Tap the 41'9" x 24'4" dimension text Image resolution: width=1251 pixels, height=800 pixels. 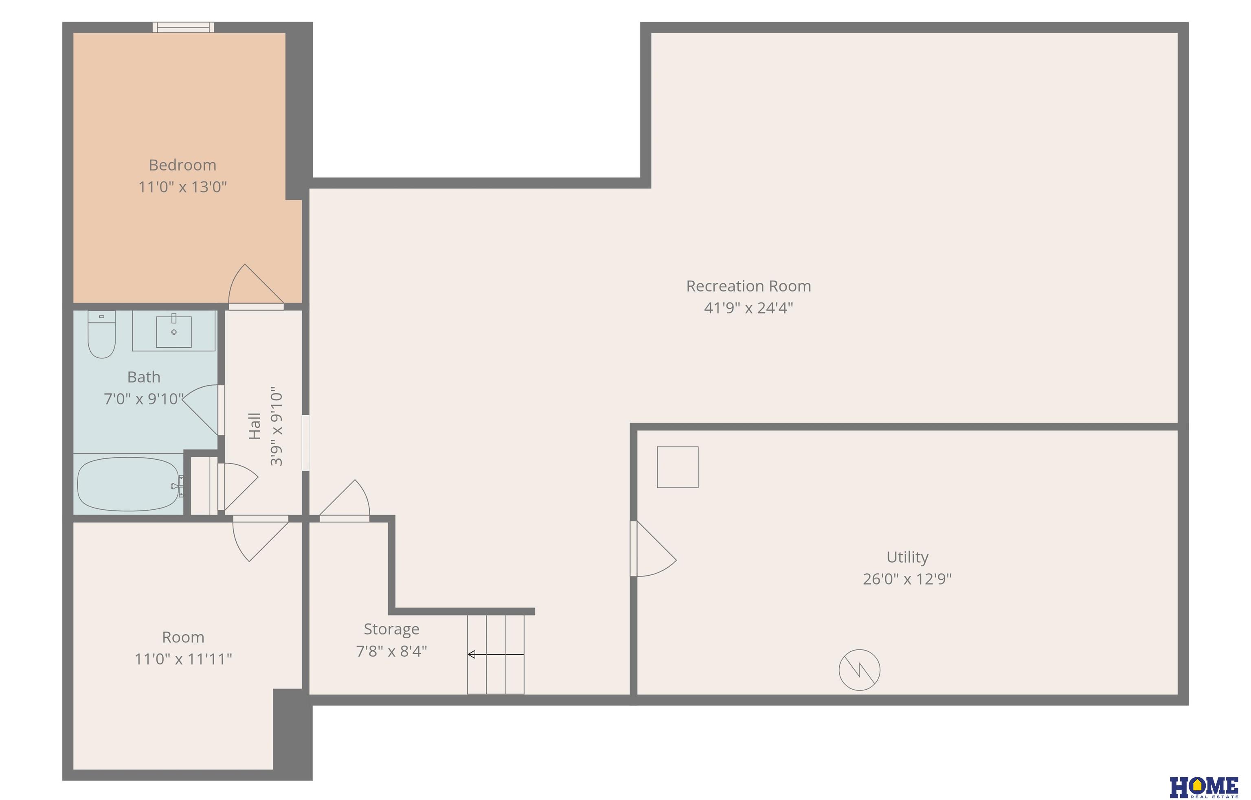tap(748, 308)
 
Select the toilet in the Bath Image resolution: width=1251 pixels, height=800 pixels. tap(101, 334)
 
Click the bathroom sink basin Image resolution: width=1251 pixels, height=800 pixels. tap(174, 331)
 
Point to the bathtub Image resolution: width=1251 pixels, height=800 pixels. tap(129, 484)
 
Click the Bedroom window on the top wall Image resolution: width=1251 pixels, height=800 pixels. tap(183, 27)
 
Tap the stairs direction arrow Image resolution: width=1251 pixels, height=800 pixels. tap(496, 655)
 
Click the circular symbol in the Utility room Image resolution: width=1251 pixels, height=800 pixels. tap(859, 670)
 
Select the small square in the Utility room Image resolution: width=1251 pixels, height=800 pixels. tap(678, 467)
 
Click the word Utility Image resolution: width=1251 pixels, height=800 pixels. tap(907, 557)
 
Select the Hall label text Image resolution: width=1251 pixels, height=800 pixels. tap(254, 426)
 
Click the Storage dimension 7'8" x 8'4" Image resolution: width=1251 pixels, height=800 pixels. tap(391, 651)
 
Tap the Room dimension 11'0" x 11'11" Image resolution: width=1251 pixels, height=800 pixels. tap(183, 659)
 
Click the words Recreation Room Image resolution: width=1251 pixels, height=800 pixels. tap(748, 286)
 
